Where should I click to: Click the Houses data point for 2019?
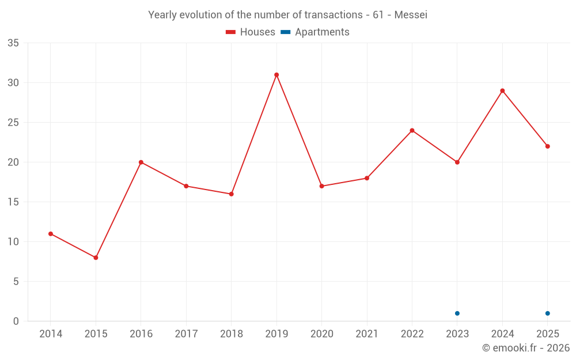(x=276, y=75)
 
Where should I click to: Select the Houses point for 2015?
(x=96, y=257)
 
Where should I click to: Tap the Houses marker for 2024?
(x=502, y=91)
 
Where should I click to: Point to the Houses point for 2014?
(x=51, y=234)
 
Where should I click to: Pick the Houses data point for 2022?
(x=412, y=130)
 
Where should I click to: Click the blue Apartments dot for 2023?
(x=457, y=313)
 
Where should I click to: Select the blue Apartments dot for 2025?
(x=548, y=313)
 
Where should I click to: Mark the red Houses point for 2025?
(x=548, y=146)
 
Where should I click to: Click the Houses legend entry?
(x=251, y=32)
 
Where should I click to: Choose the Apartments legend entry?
(x=315, y=32)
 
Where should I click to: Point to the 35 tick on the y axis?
(x=13, y=43)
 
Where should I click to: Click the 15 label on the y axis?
(x=13, y=202)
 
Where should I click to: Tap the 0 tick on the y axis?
(x=16, y=321)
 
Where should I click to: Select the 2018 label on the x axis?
(x=232, y=334)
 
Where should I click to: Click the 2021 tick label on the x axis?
(x=367, y=334)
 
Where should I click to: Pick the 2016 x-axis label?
(x=141, y=334)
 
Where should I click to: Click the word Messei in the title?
(x=411, y=15)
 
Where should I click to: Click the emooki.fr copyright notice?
(x=526, y=347)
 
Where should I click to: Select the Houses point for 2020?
(x=322, y=186)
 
